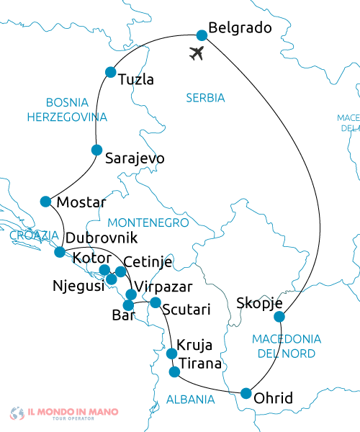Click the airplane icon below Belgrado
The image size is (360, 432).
(x=197, y=53)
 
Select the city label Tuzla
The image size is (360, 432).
(x=135, y=79)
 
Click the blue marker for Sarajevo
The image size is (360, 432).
(x=96, y=150)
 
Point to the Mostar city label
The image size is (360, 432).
(x=81, y=202)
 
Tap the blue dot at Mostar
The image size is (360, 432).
(x=46, y=201)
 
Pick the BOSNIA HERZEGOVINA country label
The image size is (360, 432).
(x=66, y=109)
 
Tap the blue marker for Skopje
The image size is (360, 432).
(x=280, y=317)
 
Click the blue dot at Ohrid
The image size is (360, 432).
(x=246, y=393)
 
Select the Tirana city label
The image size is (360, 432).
(x=200, y=364)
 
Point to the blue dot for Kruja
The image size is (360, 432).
(x=171, y=354)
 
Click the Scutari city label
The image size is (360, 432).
(x=186, y=310)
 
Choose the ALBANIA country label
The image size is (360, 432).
(x=191, y=399)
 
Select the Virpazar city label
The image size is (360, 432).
(x=164, y=287)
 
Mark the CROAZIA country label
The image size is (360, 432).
(x=35, y=235)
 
